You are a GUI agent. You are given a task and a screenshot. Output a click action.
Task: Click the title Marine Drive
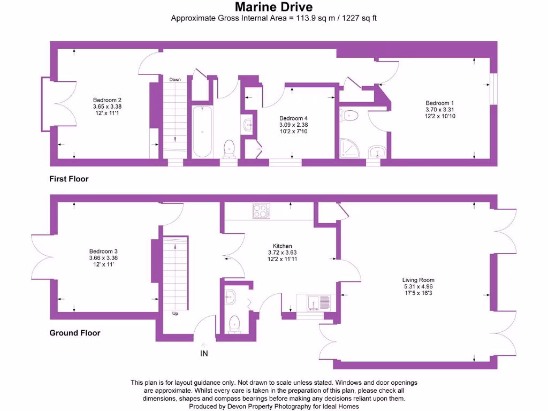[x=274, y=7]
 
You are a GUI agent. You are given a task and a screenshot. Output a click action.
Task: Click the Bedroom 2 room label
[x=107, y=100]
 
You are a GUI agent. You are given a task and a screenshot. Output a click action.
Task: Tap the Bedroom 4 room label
[x=293, y=118]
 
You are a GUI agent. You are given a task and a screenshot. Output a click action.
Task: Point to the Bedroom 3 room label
[x=103, y=252]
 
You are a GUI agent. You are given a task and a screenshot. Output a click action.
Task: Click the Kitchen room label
[x=282, y=246]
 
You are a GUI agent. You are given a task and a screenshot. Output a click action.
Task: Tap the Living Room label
[x=418, y=280]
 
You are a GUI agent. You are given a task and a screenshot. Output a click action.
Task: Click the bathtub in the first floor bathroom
[x=202, y=131]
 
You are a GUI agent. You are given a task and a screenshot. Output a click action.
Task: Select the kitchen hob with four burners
[x=262, y=211]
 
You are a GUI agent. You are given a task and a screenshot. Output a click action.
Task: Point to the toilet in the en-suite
[x=351, y=114]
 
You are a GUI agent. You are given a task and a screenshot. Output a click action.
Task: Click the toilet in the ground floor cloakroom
[x=234, y=323]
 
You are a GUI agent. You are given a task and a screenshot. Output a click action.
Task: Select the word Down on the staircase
[x=175, y=80]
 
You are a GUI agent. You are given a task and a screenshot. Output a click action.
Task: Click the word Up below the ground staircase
[x=175, y=314]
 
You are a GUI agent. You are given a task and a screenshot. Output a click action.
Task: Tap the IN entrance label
[x=204, y=353]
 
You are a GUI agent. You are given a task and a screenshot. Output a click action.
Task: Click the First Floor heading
[x=69, y=179]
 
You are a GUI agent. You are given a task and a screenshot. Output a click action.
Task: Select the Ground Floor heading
[x=75, y=333]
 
